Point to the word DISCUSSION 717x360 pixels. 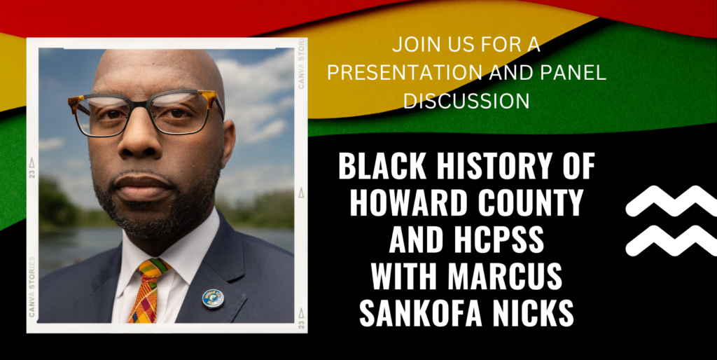coord(466,101)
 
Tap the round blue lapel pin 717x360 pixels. coord(213,298)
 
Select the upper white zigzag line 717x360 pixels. coord(671,200)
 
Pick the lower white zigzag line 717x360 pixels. coord(671,241)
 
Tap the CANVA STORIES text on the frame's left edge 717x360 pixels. coord(32,286)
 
